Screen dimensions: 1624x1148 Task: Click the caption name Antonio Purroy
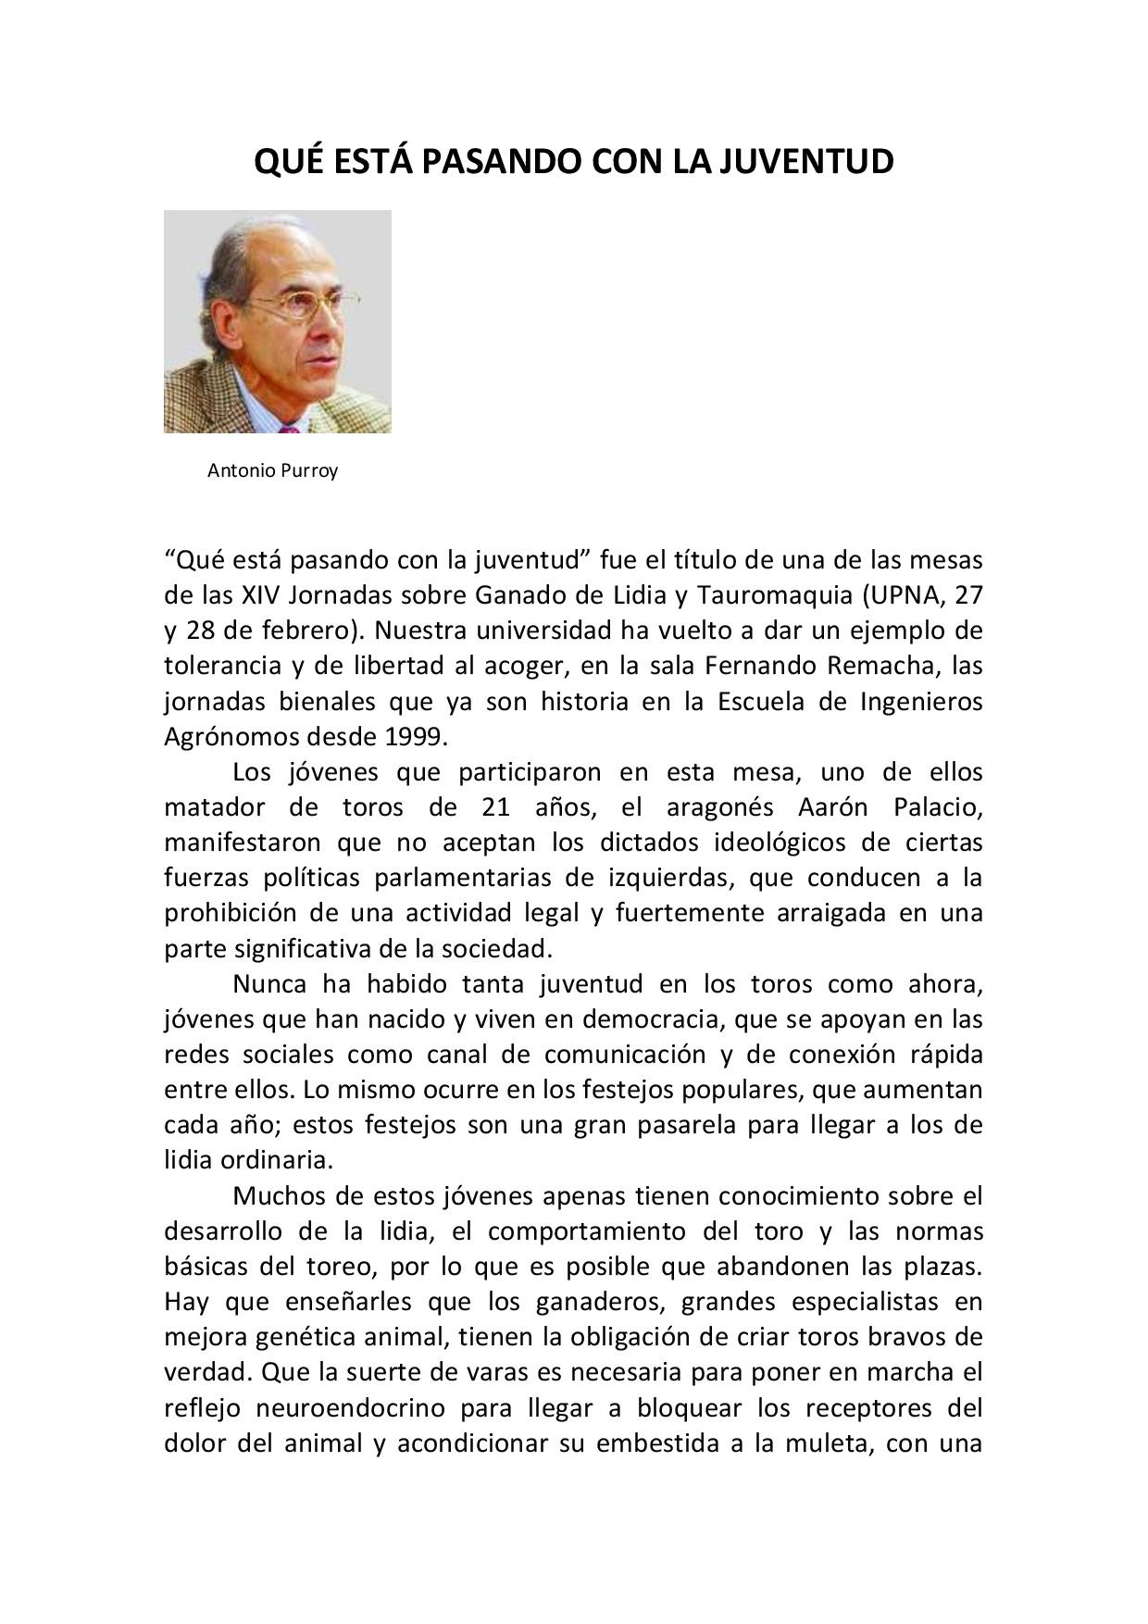272,470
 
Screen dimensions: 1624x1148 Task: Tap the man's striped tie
290,428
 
